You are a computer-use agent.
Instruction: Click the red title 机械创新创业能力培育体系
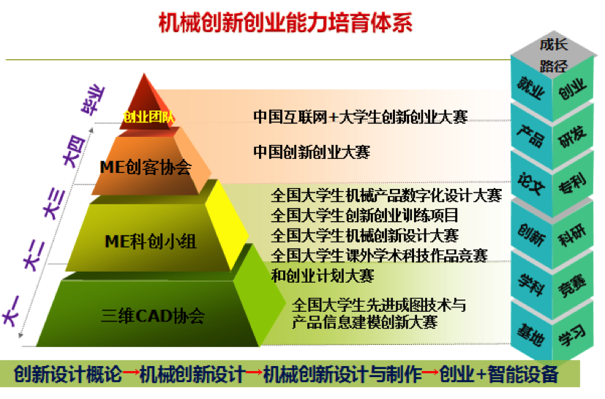[x=285, y=23]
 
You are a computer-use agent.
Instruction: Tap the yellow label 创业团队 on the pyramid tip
[x=149, y=116]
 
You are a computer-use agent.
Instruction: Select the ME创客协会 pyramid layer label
[x=146, y=167]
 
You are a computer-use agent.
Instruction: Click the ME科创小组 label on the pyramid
[x=151, y=242]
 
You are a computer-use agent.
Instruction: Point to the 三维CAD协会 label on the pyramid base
[x=153, y=316]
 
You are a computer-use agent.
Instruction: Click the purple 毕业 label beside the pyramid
[x=93, y=100]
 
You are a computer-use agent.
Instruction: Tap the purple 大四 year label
[x=74, y=151]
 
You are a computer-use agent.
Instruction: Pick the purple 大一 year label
[x=11, y=311]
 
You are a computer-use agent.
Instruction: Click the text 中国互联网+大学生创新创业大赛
[x=361, y=116]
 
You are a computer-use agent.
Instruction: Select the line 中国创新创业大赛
[x=312, y=152]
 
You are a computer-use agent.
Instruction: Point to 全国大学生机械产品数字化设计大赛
[x=386, y=195]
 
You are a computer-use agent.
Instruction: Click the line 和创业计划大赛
[x=323, y=276]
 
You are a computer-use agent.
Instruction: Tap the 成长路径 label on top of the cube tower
[x=554, y=55]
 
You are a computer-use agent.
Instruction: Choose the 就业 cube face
[x=530, y=88]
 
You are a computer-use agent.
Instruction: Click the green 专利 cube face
[x=573, y=183]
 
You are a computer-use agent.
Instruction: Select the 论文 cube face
[x=531, y=183]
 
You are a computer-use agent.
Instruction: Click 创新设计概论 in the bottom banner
[x=68, y=374]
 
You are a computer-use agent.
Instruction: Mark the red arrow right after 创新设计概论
[x=131, y=373]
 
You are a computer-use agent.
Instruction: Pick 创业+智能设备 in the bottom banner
[x=498, y=374]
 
